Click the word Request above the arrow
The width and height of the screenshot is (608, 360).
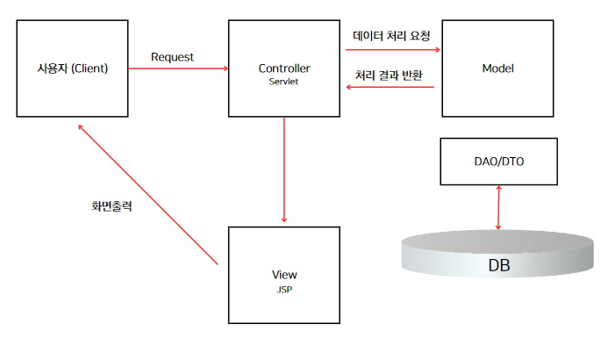172,57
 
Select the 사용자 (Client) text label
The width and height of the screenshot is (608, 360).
73,68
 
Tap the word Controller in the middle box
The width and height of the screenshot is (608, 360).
284,68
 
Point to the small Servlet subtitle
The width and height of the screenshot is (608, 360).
284,81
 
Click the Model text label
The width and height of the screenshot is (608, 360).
497,68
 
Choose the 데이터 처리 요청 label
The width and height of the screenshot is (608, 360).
391,36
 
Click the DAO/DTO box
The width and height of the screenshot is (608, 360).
498,162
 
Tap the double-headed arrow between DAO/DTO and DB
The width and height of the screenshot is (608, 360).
498,207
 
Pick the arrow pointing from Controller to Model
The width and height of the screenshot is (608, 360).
391,49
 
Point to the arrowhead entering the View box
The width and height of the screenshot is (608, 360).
283,220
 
